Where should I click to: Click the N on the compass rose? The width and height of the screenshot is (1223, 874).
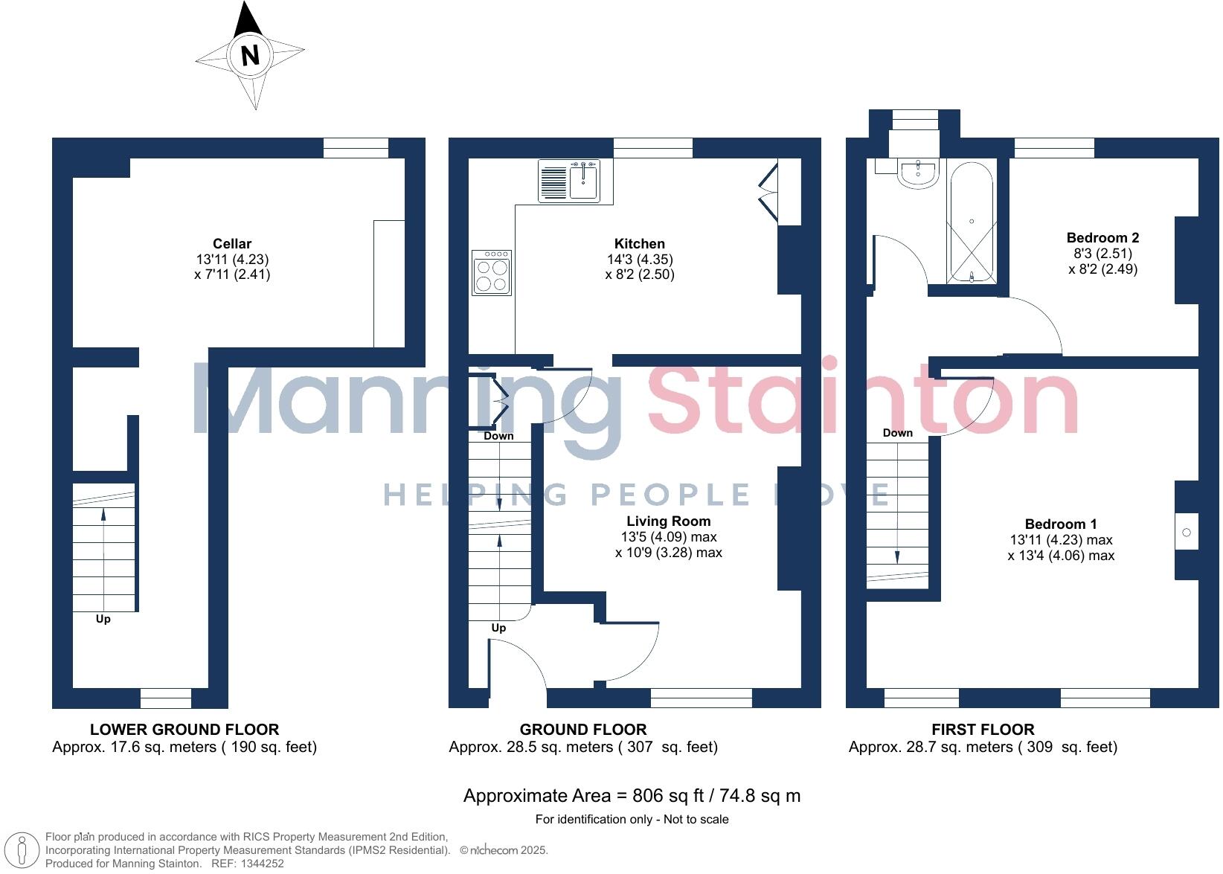[x=250, y=56]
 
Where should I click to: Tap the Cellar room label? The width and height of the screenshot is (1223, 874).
[x=232, y=244]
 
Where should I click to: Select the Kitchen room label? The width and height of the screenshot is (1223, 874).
[x=639, y=244]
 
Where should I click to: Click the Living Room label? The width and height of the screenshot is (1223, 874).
[x=668, y=521]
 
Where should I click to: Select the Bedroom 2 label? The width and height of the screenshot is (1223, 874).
[x=1102, y=238]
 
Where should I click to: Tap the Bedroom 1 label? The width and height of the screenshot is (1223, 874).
[x=1060, y=524]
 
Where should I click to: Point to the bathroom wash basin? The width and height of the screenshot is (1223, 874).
[x=920, y=172]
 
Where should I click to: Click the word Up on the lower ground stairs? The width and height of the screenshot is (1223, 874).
[x=103, y=619]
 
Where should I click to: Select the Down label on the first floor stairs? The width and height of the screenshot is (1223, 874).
[x=897, y=433]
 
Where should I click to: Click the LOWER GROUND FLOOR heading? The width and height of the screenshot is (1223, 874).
[x=184, y=730]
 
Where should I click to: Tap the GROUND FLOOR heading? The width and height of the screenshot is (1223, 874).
[x=583, y=730]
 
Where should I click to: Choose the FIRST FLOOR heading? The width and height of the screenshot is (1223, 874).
[x=983, y=730]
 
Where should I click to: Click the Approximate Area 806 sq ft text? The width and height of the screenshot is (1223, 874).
[x=632, y=796]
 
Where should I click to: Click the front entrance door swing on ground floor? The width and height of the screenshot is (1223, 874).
[x=521, y=662]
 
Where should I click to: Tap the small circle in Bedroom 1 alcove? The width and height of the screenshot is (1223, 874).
[x=1187, y=533]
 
